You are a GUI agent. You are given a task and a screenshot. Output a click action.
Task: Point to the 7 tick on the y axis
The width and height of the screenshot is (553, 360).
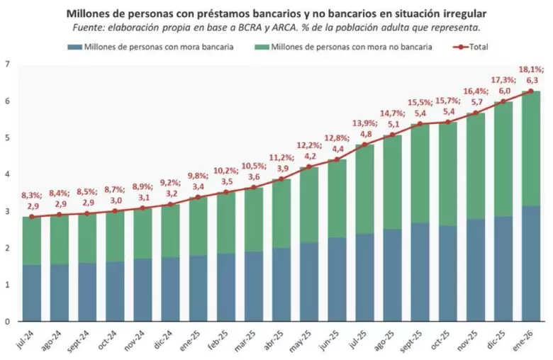point(7,64)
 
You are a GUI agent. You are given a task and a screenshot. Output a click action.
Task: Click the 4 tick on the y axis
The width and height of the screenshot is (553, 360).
point(7,174)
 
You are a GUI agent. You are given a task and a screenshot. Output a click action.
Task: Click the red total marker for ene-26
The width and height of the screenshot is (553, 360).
point(531,91)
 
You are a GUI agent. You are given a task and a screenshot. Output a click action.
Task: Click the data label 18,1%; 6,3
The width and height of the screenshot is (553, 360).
point(531,74)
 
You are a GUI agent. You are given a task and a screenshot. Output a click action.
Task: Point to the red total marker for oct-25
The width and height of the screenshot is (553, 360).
point(448,122)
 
